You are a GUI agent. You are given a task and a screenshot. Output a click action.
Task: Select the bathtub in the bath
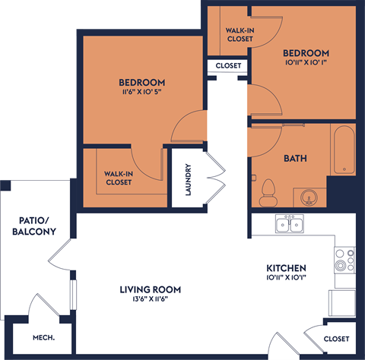343,150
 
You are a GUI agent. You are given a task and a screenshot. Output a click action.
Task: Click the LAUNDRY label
188,181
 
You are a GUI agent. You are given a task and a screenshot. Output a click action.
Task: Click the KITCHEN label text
286,269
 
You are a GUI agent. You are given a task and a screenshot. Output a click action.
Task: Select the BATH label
295,159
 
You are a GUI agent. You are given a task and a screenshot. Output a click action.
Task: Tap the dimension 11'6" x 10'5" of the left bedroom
142,94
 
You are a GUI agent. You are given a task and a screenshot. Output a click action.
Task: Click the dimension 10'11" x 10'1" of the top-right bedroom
306,65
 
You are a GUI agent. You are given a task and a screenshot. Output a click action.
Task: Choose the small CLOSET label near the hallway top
228,66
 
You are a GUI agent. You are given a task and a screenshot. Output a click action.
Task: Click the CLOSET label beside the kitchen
335,339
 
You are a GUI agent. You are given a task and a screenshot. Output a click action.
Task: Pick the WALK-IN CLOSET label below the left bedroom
119,178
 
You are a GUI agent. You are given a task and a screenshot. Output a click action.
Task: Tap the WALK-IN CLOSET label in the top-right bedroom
240,34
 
